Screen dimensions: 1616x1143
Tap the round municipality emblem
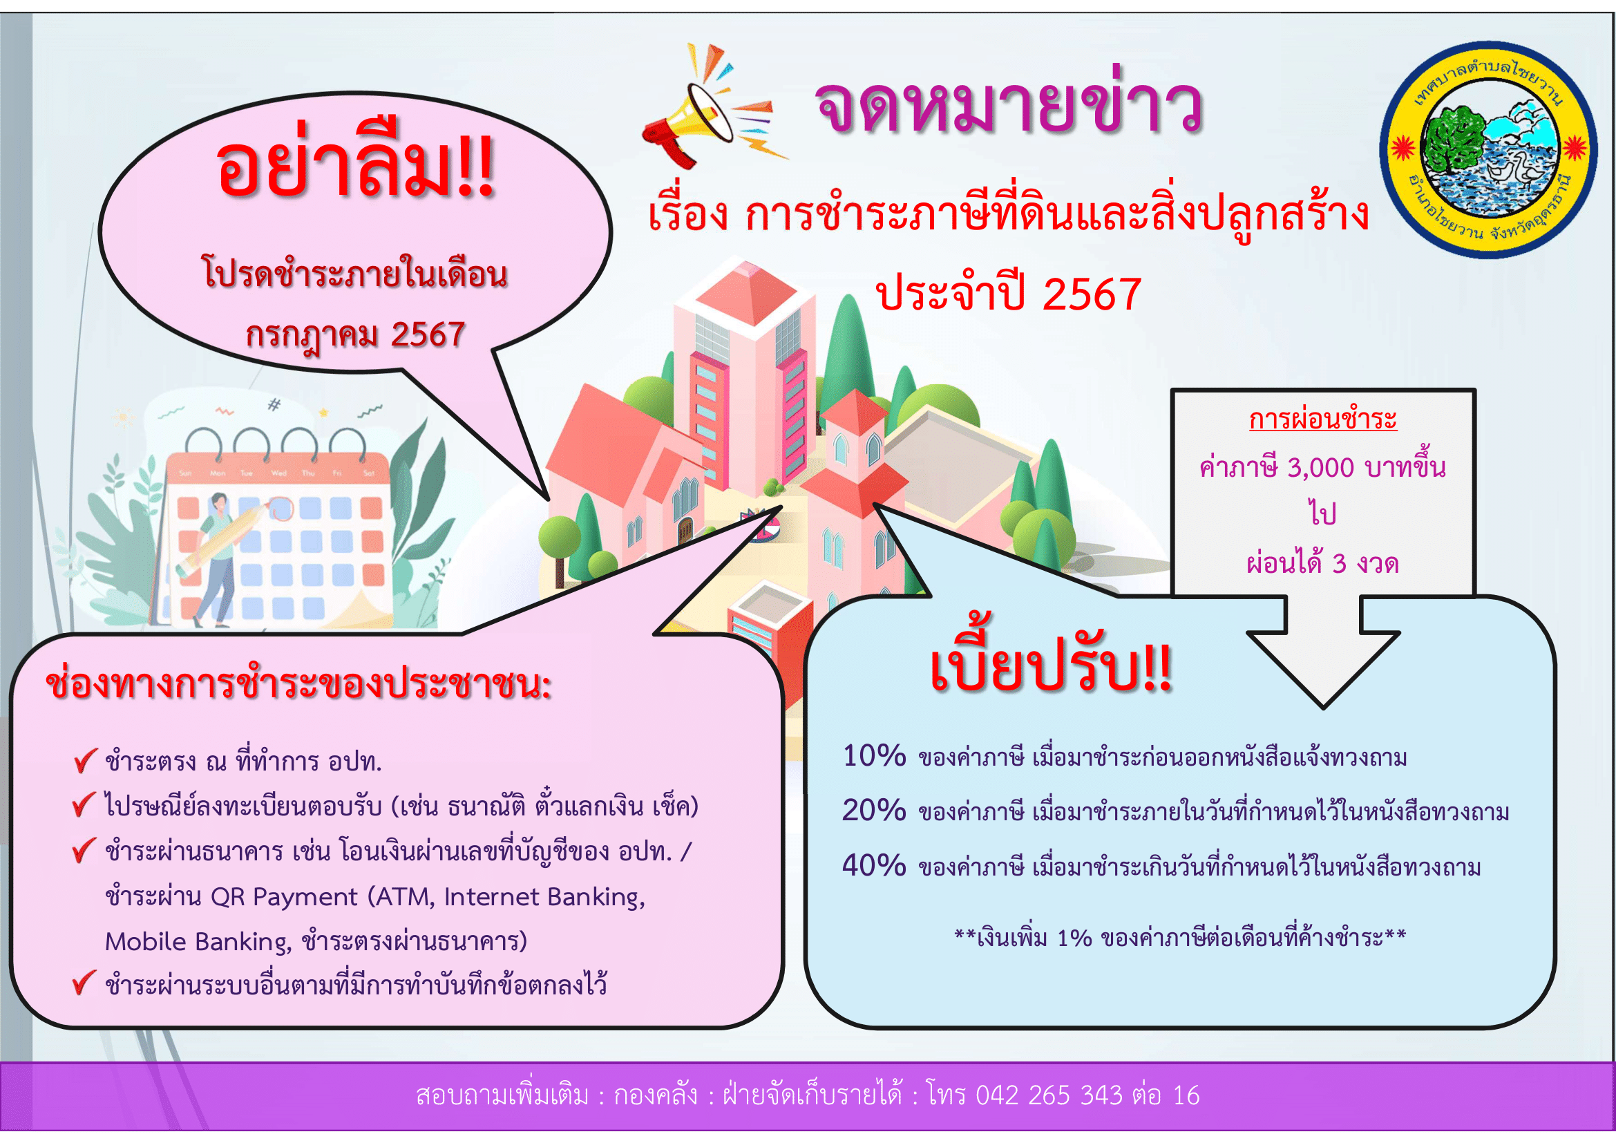pos(1488,149)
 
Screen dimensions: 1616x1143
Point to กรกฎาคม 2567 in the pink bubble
pos(355,335)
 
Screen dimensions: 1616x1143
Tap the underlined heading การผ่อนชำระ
pos(1322,419)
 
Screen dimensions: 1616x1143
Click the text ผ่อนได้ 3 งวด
pos(1322,563)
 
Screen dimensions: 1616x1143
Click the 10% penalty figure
pos(874,756)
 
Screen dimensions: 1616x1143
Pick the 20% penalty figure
pos(874,811)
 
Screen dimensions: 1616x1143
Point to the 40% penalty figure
pos(874,866)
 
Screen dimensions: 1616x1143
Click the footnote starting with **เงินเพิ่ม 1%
pos(1179,938)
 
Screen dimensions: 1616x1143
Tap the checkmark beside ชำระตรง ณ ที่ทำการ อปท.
pos(84,760)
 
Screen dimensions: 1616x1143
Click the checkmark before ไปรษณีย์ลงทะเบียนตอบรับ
pos(84,804)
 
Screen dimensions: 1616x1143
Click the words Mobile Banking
pos(198,943)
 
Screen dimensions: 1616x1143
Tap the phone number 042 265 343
pos(1049,1096)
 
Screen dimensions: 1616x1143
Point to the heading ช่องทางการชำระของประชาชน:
pos(298,684)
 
